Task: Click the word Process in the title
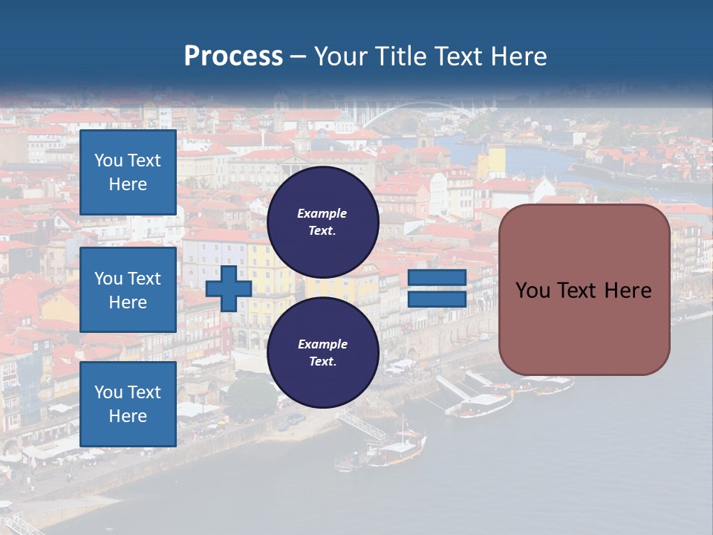[x=233, y=56]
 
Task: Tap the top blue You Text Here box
[x=128, y=172]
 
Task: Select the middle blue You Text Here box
[x=128, y=290]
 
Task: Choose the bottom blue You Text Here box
[x=128, y=404]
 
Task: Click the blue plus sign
[x=229, y=288]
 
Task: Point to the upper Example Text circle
[x=323, y=222]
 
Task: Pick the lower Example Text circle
[x=323, y=353]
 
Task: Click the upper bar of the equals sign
[x=437, y=278]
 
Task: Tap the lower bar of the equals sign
[x=437, y=299]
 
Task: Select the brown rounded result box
[x=585, y=290]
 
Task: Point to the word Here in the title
[x=519, y=56]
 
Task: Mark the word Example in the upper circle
[x=322, y=213]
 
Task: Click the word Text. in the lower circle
[x=322, y=362]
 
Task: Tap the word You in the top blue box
[x=108, y=160]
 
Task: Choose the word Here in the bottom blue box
[x=128, y=416]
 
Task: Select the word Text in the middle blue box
[x=144, y=279]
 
